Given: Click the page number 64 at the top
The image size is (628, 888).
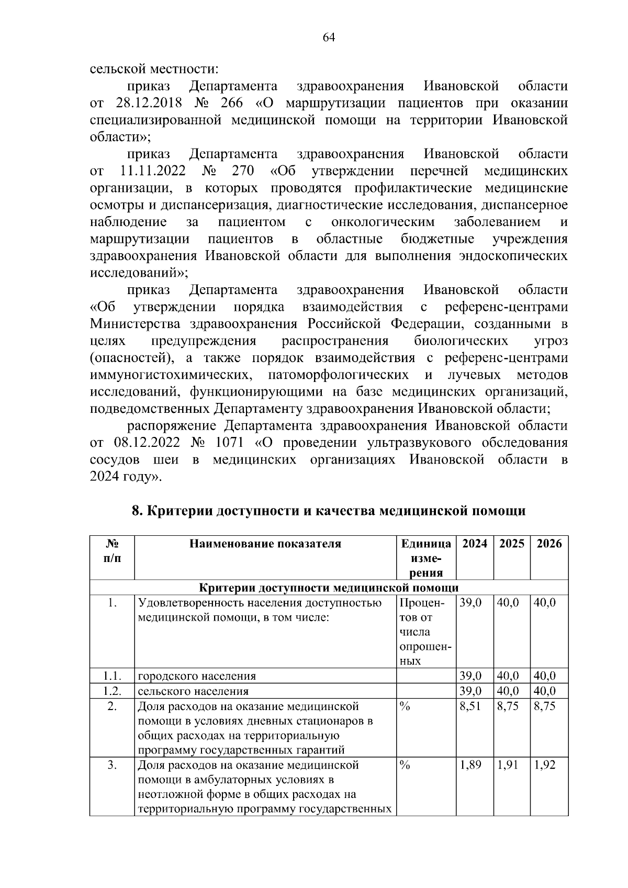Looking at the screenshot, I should (x=329, y=37).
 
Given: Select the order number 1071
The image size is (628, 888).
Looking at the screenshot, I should (x=229, y=443).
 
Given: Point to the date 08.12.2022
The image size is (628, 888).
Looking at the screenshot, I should (x=147, y=443).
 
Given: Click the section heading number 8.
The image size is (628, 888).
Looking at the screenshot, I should (x=136, y=511).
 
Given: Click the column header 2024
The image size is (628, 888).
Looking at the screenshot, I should (x=475, y=544).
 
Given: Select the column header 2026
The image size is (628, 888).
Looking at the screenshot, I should (x=549, y=544).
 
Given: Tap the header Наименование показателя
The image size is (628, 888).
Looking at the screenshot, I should (x=265, y=544).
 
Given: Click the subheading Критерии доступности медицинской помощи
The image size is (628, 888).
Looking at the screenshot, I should (x=329, y=588).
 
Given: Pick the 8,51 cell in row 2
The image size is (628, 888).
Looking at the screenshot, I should (x=470, y=706).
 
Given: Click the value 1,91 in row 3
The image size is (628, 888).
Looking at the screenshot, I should (x=508, y=765).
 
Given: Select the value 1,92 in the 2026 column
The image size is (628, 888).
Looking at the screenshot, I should (x=545, y=765).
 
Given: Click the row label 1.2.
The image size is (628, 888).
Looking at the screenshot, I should (x=112, y=691).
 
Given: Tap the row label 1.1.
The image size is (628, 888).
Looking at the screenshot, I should (x=112, y=676).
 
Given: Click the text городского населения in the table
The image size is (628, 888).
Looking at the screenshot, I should (x=197, y=676).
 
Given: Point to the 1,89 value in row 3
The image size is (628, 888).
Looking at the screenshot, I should (x=470, y=765).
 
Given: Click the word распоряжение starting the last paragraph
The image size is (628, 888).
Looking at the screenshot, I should (x=172, y=425).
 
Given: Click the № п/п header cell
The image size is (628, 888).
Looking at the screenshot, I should (x=112, y=550).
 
